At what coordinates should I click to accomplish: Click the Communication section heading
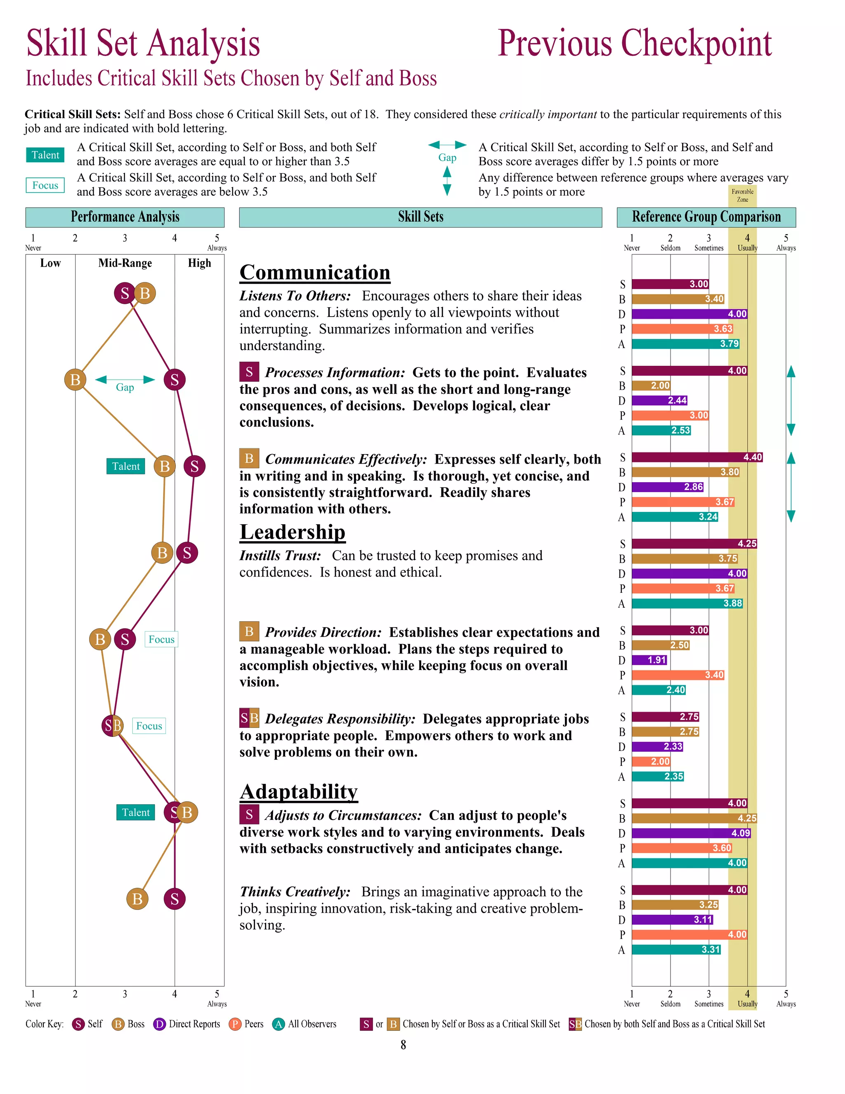click(314, 272)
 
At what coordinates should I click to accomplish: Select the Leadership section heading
click(293, 532)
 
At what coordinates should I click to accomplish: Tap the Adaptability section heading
click(298, 791)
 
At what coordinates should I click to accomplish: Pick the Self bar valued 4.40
click(696, 457)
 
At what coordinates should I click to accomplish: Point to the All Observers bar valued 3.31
click(676, 950)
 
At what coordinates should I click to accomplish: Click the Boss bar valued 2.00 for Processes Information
click(651, 386)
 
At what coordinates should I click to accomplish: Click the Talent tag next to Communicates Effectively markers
click(126, 466)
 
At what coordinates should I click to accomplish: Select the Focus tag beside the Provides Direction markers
click(161, 639)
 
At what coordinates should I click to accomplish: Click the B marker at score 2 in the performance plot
click(75, 380)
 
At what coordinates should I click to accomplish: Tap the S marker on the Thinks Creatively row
click(174, 899)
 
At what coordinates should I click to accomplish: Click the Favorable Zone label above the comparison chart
click(742, 195)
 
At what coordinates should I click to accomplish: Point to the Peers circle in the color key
click(235, 1024)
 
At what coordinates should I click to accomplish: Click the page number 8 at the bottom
click(404, 1045)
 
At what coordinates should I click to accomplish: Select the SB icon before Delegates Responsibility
click(249, 719)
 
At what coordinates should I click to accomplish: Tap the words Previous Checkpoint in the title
click(634, 44)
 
